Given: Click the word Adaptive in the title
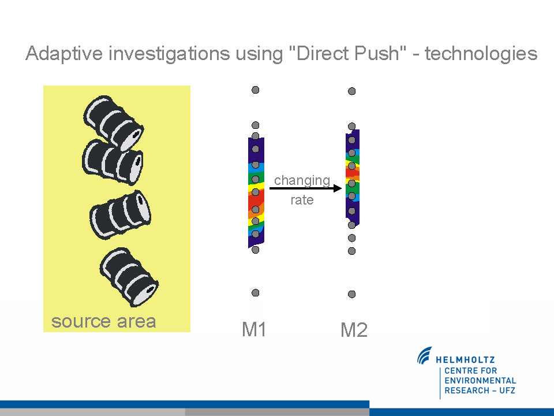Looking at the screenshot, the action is tap(64, 54).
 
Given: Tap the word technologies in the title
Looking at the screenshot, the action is tap(481, 54).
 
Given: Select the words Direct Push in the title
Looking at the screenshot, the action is tap(348, 53).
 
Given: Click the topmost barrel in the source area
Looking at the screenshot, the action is tap(114, 124).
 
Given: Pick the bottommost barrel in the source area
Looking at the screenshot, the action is tap(129, 277).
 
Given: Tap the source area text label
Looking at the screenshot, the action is tap(103, 322).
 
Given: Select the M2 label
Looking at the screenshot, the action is tap(354, 330).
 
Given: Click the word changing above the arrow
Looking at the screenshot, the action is tap(302, 181).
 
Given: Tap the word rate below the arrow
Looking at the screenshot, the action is tap(302, 200).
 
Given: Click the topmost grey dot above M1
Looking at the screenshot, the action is tap(256, 90).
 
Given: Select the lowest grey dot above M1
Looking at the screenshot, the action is tap(256, 292).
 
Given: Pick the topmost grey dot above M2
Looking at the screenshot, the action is tap(351, 91).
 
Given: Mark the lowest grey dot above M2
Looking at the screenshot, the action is tap(351, 294).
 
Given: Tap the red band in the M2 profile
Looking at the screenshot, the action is tap(352, 172).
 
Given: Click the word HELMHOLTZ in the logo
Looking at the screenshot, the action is tap(465, 360).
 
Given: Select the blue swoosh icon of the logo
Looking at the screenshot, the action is tap(424, 355).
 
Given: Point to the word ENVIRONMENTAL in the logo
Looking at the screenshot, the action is tap(480, 381).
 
